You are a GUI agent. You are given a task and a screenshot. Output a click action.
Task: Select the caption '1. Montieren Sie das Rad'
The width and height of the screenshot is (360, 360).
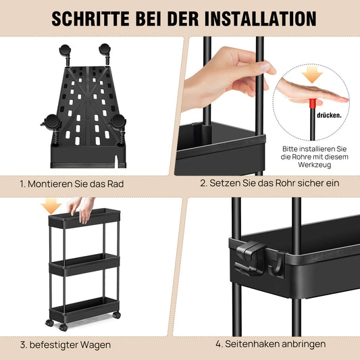[x=72, y=183]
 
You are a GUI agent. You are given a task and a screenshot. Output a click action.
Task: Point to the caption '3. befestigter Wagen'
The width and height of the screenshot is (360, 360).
[x=66, y=344]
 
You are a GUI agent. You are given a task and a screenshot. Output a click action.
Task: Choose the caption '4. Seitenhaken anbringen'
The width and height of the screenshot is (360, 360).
[x=270, y=344]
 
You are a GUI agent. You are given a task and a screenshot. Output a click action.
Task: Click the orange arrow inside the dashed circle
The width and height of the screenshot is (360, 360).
[x=311, y=75]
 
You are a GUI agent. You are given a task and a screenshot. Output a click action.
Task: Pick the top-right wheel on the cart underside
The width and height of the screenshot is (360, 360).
[x=105, y=51]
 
